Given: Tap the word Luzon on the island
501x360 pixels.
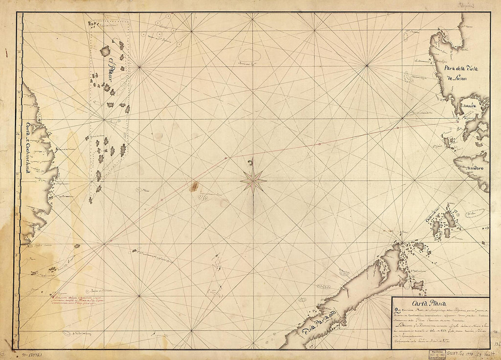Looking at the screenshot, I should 455,78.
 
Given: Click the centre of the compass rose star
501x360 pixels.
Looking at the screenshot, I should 253,181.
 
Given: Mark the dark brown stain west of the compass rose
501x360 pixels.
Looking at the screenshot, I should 194,186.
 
